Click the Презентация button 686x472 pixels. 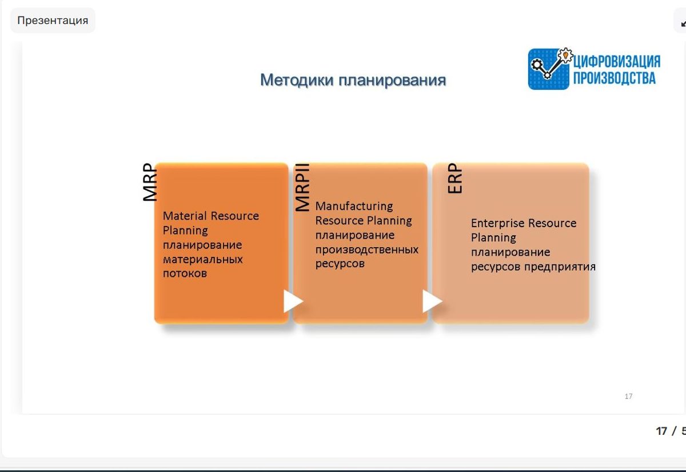pos(53,20)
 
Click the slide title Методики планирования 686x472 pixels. pos(353,80)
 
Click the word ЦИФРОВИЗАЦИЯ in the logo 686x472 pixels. pos(617,62)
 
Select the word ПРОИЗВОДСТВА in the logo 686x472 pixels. pos(615,78)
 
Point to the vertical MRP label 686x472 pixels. pos(150,182)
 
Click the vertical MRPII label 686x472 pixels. pos(302,187)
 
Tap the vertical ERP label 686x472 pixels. pos(455,178)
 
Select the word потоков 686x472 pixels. pos(185,273)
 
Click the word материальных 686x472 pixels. pos(203,259)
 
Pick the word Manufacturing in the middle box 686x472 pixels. pos(354,206)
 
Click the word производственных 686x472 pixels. pos(367,249)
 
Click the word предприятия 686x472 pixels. pos(560,267)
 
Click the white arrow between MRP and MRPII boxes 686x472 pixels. pos(293,302)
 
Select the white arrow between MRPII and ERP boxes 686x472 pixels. pos(432,302)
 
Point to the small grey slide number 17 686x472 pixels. pos(628,396)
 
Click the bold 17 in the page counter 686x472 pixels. pos(661,431)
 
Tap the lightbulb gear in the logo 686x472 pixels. pos(565,55)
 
